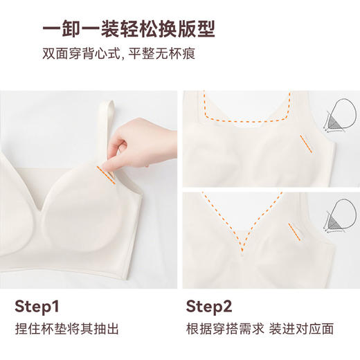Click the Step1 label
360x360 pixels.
[37, 307]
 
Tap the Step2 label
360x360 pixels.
[209, 307]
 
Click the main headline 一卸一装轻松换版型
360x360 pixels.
[129, 29]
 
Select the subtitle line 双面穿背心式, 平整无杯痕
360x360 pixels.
[119, 53]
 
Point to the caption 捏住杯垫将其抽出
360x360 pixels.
[67, 329]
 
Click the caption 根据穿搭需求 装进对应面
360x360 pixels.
[260, 329]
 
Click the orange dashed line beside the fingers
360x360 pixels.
[106, 175]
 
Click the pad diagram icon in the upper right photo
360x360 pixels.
[339, 116]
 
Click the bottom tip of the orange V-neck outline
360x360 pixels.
[242, 252]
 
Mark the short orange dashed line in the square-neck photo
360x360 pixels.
[306, 144]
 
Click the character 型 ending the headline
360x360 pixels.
[206, 29]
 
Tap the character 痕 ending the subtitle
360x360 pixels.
[189, 53]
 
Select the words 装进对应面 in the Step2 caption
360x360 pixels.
[301, 329]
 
